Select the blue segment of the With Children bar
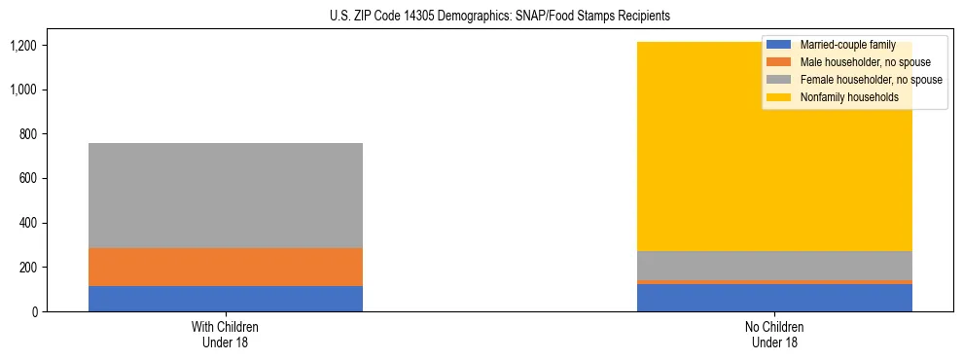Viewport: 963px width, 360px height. [x=226, y=298]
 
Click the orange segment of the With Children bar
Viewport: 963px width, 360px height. [x=226, y=267]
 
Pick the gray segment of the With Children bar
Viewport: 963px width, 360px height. [x=226, y=196]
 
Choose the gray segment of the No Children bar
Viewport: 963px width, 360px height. [x=774, y=266]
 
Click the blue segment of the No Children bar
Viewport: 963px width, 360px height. [x=774, y=298]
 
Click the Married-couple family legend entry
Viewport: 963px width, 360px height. [x=847, y=45]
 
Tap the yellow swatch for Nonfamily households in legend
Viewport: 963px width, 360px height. [x=779, y=97]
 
